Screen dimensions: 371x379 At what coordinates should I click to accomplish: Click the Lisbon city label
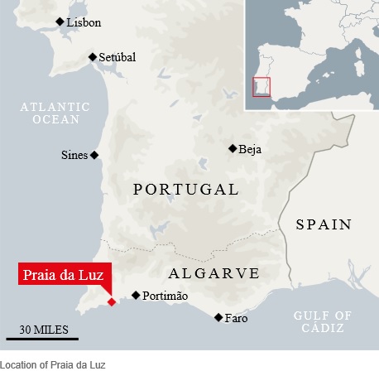click(84, 23)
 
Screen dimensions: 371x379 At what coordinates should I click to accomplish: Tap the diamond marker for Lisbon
click(59, 22)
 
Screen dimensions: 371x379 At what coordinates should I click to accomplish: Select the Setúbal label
click(117, 57)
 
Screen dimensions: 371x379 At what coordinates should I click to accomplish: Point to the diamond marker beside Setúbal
click(93, 57)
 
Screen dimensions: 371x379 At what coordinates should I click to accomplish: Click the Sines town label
click(74, 155)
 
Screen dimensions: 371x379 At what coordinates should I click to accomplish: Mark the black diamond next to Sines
click(94, 155)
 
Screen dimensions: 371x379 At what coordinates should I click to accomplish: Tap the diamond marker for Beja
click(232, 149)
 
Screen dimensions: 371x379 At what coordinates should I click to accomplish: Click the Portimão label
click(166, 296)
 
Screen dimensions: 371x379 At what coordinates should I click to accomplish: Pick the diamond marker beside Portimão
click(136, 295)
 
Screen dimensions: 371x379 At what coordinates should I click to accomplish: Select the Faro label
click(236, 318)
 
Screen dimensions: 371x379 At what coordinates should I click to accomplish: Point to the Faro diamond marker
click(218, 317)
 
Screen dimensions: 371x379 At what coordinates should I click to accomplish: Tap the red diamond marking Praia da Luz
click(112, 302)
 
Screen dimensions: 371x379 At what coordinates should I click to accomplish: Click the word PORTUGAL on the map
click(185, 190)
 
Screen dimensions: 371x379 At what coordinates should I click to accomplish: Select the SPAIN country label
click(324, 224)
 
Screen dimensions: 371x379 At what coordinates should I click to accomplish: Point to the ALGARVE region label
click(213, 273)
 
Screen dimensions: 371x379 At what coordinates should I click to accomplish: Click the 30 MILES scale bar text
click(42, 329)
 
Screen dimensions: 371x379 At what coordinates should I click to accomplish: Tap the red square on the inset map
click(261, 86)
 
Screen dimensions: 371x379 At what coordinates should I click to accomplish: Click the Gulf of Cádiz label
click(323, 321)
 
